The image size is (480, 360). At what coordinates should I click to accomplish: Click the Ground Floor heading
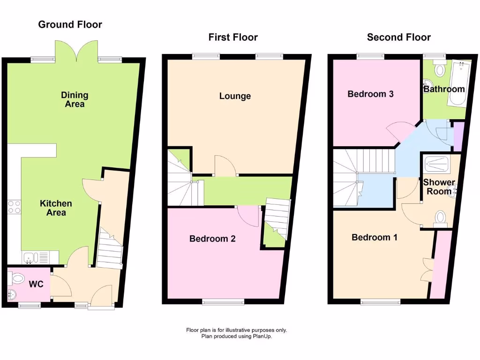click(x=70, y=24)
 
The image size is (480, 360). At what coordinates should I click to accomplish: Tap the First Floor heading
click(x=233, y=37)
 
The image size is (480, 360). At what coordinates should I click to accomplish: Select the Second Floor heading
click(x=398, y=37)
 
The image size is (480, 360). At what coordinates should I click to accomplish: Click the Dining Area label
click(x=75, y=99)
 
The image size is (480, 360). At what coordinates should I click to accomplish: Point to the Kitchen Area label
click(x=56, y=208)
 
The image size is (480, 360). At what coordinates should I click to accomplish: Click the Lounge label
click(x=235, y=96)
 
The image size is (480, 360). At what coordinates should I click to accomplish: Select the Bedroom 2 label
click(x=212, y=239)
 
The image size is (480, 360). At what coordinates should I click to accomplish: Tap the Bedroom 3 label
click(x=370, y=94)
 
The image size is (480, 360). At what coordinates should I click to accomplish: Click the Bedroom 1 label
click(x=374, y=237)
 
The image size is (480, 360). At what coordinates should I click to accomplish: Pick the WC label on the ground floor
click(x=37, y=284)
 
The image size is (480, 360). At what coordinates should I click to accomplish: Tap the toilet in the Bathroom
click(x=440, y=70)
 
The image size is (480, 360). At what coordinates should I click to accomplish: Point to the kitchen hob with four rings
click(x=14, y=207)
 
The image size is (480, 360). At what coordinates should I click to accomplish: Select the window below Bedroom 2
click(x=223, y=302)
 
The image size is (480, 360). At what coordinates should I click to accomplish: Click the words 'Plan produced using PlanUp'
click(x=236, y=336)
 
